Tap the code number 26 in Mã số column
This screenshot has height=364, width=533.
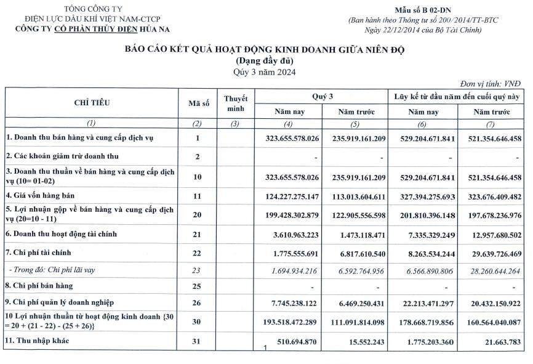point(197,302)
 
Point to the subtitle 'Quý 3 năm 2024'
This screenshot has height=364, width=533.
point(265,72)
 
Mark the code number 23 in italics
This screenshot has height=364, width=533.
point(197,269)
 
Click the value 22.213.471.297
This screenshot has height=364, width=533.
point(424,302)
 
